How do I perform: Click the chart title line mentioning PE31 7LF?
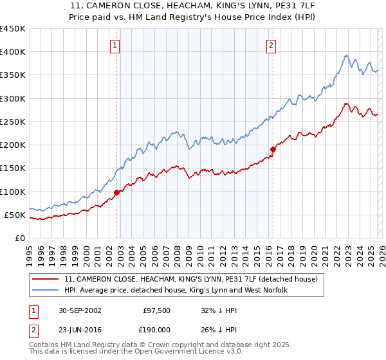192,6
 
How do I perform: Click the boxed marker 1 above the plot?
115,45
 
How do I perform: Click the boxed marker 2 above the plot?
271,45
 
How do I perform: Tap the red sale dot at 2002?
116,192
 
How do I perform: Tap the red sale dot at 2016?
273,149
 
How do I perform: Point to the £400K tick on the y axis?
13,52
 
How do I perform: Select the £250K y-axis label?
13,122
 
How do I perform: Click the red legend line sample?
46,280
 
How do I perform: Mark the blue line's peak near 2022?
346,55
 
